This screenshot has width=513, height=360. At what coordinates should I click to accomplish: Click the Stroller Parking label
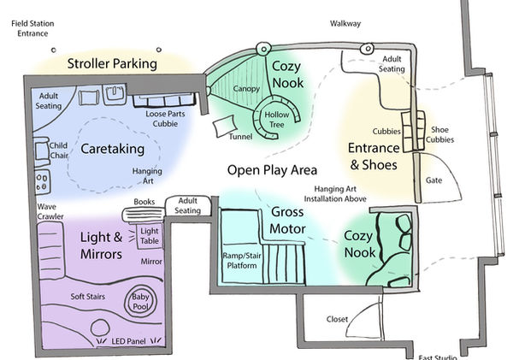(x=113, y=63)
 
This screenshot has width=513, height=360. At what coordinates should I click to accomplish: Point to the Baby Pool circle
(x=139, y=301)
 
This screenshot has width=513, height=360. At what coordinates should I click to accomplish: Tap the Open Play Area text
(x=272, y=169)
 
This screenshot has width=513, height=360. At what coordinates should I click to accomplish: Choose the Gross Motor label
(x=287, y=221)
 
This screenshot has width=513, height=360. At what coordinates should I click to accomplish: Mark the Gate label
(x=433, y=181)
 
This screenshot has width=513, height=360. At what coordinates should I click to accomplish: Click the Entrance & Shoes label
(x=372, y=156)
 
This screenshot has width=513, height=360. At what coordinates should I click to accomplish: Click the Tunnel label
(x=241, y=137)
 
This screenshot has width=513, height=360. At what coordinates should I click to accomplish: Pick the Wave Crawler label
(x=51, y=212)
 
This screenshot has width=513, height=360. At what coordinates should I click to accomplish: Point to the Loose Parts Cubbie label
(x=160, y=117)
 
